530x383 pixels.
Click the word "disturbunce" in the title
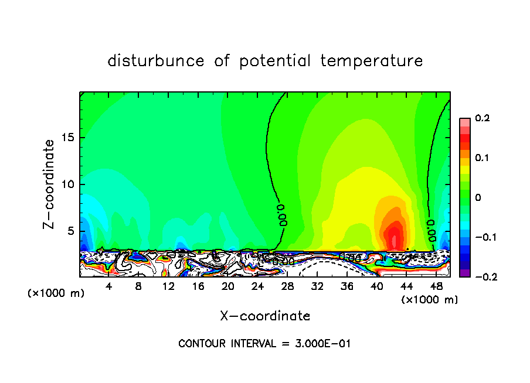pyautogui.click(x=156, y=61)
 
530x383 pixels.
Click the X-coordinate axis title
pyautogui.click(x=265, y=316)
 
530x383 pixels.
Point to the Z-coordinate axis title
pyautogui.click(x=50, y=184)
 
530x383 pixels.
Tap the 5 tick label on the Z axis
pyautogui.click(x=69, y=231)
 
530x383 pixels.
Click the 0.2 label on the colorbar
pyautogui.click(x=482, y=118)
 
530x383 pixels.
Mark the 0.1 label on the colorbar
pyautogui.click(x=482, y=158)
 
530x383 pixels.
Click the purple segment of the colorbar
pyautogui.click(x=464, y=272)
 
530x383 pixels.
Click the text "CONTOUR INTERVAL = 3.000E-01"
pyautogui.click(x=264, y=344)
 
